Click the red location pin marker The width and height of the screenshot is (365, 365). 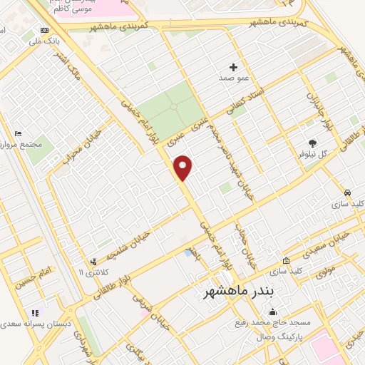tap(183, 168)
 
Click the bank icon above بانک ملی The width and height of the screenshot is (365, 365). tap(46, 31)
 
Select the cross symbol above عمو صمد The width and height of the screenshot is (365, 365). tap(233, 66)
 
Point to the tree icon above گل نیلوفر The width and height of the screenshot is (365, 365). tap(311, 143)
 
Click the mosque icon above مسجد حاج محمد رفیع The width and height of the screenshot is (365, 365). tap(272, 312)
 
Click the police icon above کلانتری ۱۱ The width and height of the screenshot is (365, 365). tap(93, 262)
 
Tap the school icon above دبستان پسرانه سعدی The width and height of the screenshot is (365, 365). tap(34, 313)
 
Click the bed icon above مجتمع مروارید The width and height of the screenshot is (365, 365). tap(19, 133)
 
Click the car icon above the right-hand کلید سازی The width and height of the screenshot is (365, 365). tap(347, 193)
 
